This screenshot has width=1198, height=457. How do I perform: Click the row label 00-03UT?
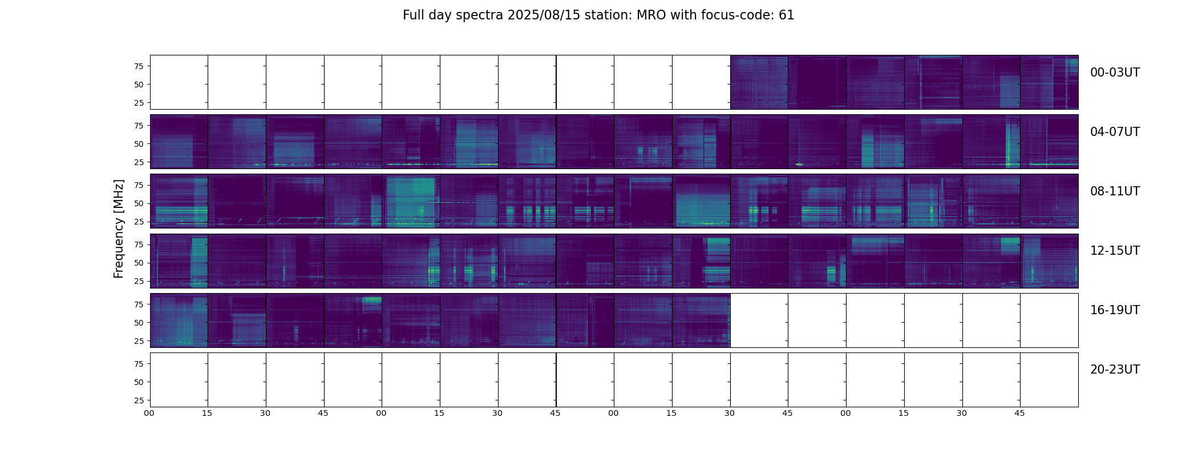point(1115,73)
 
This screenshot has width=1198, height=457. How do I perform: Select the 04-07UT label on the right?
point(1115,132)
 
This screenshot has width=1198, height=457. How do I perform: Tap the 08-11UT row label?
point(1115,191)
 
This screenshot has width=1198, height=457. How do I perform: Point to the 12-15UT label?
point(1115,251)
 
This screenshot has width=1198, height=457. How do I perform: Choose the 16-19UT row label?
point(1115,310)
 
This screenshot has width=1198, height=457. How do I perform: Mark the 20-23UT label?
point(1115,370)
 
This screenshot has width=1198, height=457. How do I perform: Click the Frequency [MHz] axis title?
point(119,228)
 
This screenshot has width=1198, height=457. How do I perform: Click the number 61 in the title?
point(787,15)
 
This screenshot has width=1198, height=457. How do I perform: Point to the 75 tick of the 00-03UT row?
point(139,66)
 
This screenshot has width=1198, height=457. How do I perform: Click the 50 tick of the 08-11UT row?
point(139,203)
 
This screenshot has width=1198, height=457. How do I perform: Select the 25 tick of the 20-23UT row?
point(139,400)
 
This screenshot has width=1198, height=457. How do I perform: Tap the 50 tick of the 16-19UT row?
point(139,323)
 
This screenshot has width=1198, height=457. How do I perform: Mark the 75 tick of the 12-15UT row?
point(139,244)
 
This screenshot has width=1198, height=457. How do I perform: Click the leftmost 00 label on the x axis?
point(149,413)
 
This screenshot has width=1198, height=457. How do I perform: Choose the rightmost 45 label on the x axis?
point(1019,413)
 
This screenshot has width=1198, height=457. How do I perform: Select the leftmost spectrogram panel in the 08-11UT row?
point(179,201)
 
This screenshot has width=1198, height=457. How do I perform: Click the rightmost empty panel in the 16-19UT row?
point(1049,320)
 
